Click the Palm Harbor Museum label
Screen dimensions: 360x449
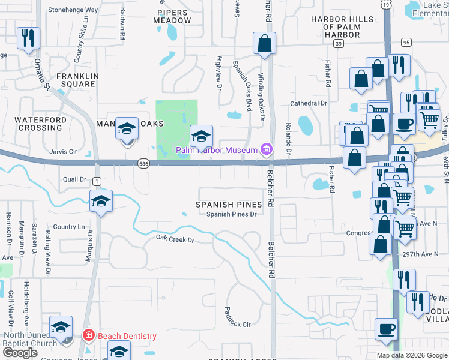pos(216,149)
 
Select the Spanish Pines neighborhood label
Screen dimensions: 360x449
pos(229,205)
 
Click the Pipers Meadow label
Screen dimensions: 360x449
pos(174,16)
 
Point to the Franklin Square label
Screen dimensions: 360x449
pos(76,80)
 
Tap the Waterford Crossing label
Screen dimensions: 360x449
pos(41,124)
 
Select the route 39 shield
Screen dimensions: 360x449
pos(339,44)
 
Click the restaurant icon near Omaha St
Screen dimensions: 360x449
pos(28,38)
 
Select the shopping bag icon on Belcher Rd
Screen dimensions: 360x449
pos(264,44)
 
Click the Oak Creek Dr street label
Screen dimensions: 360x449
pos(175,239)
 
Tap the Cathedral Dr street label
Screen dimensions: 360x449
pos(309,103)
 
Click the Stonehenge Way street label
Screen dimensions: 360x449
pos(73,10)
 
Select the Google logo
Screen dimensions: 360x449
pos(20,353)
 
